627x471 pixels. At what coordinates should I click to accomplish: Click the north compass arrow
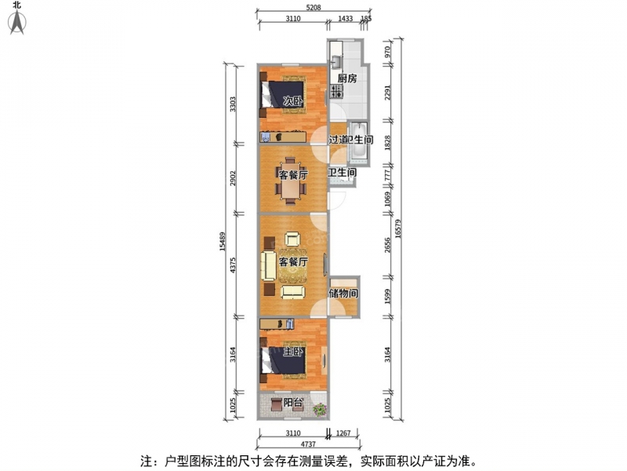[17, 22]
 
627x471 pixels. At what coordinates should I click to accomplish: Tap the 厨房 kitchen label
[346, 78]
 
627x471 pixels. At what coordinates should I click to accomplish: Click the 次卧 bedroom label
[292, 101]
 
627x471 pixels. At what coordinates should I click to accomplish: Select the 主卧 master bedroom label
[293, 352]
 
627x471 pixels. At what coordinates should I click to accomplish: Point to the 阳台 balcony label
[293, 402]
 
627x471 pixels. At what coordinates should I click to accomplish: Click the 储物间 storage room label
[343, 293]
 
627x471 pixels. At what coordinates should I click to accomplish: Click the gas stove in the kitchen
[337, 91]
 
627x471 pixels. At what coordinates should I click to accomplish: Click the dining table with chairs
[291, 181]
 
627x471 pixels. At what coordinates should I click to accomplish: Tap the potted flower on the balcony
[320, 409]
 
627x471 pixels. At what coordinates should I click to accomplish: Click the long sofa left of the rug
[268, 265]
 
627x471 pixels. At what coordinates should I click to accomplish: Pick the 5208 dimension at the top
[313, 7]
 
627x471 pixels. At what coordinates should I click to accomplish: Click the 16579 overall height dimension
[398, 228]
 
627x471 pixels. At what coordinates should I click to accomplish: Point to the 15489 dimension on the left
[223, 242]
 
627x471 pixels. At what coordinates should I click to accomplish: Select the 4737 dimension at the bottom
[308, 444]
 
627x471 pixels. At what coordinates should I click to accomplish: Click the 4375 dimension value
[233, 265]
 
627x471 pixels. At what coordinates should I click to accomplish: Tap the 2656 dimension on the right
[386, 245]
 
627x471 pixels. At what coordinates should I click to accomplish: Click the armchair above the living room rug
[292, 239]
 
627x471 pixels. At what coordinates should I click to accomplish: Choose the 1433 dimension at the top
[345, 18]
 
